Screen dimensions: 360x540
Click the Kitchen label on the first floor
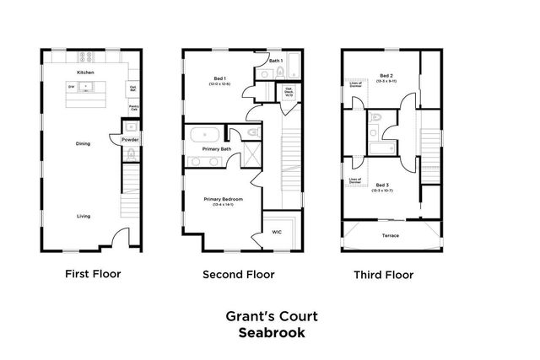(85, 73)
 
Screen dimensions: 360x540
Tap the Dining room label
(83, 143)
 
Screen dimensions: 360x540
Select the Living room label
(84, 216)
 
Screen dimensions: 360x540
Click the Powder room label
(130, 139)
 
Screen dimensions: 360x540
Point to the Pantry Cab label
(133, 108)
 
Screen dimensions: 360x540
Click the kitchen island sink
(85, 88)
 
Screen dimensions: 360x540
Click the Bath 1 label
(275, 61)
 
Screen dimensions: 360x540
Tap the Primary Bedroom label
(223, 201)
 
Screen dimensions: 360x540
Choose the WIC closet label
(276, 232)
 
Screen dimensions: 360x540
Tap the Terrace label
(390, 235)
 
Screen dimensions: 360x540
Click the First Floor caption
(93, 273)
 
